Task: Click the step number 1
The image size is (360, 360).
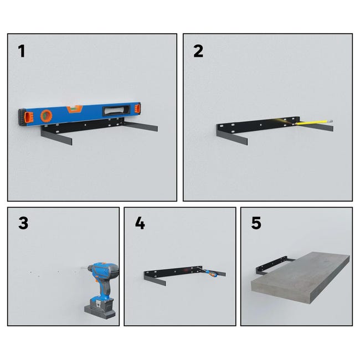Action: coord(22,51)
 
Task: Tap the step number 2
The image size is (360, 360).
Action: coord(198,51)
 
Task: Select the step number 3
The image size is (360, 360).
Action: coord(23,223)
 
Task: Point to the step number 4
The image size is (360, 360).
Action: coord(140,223)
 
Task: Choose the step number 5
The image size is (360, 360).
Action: coord(256,223)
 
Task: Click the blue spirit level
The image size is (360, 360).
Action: coord(79,114)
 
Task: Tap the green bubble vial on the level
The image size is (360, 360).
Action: coord(74,108)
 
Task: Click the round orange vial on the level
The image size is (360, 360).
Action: coord(46,116)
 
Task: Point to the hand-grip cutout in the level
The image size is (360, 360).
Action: coord(117,110)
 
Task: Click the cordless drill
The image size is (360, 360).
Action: coord(101,290)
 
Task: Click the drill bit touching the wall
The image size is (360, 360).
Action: coord(84,268)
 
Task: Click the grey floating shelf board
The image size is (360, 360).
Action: coord(301,277)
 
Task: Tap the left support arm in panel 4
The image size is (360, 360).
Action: coord(155,279)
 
